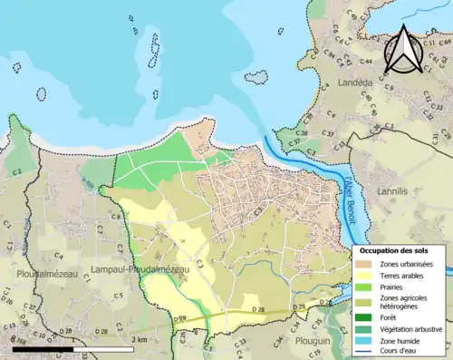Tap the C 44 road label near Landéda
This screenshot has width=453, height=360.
(x=366, y=62)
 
